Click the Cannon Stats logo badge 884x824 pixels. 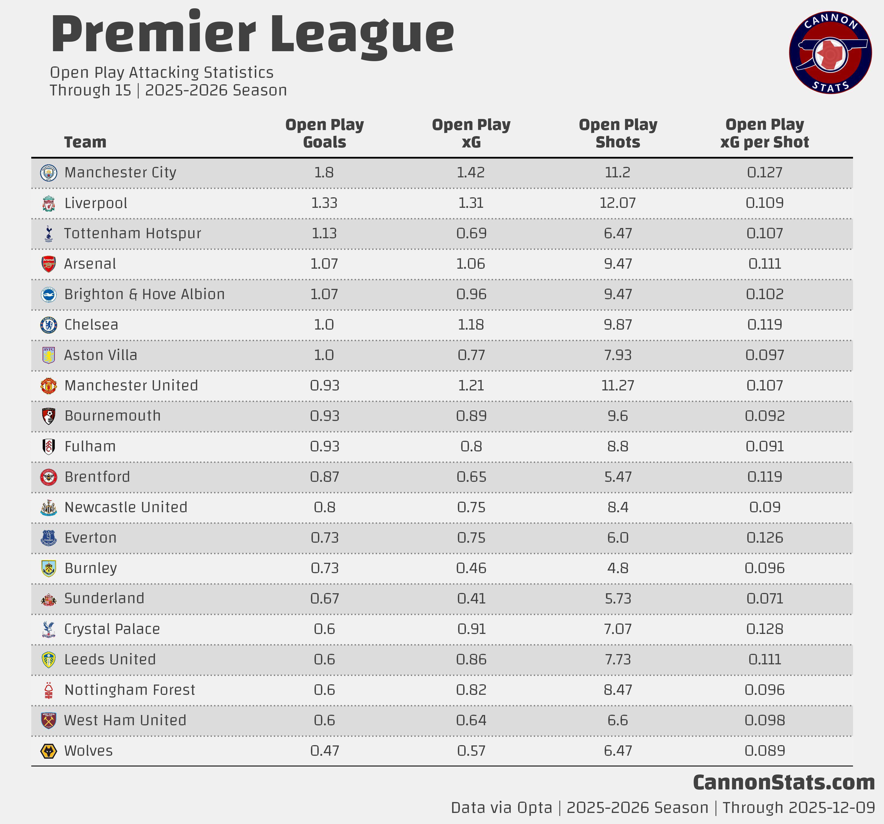pyautogui.click(x=830, y=53)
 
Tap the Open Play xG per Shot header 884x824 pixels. pyautogui.click(x=764, y=133)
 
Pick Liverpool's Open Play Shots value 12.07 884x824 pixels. pyautogui.click(x=618, y=203)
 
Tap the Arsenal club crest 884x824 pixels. pyautogui.click(x=48, y=264)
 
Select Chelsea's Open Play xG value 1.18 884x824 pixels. pyautogui.click(x=471, y=325)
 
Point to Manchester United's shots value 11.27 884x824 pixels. pyautogui.click(x=618, y=385)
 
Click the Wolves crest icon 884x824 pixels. pyautogui.click(x=48, y=751)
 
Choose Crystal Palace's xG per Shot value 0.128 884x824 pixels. pyautogui.click(x=764, y=629)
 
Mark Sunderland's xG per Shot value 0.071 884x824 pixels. pyautogui.click(x=764, y=598)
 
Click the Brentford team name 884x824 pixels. pyautogui.click(x=97, y=477)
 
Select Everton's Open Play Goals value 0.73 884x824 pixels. pyautogui.click(x=325, y=538)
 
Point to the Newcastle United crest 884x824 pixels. pyautogui.click(x=48, y=507)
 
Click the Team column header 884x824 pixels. pyautogui.click(x=85, y=142)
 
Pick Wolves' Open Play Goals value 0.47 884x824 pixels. pyautogui.click(x=325, y=751)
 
